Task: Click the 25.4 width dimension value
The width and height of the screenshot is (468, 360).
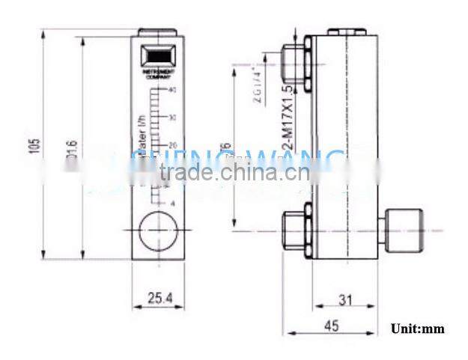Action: coord(157,298)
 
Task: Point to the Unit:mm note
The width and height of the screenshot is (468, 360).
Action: coord(417,329)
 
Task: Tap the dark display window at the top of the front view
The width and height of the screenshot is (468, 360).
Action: coord(157,57)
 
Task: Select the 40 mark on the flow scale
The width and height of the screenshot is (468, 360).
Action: coord(172,90)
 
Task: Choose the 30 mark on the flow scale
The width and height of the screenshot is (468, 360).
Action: coord(172,118)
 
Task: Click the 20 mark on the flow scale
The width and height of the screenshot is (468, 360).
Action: coord(172,144)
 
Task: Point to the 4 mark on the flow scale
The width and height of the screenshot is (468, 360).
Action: coord(173,203)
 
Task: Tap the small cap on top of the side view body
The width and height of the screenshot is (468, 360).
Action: coord(345,32)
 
